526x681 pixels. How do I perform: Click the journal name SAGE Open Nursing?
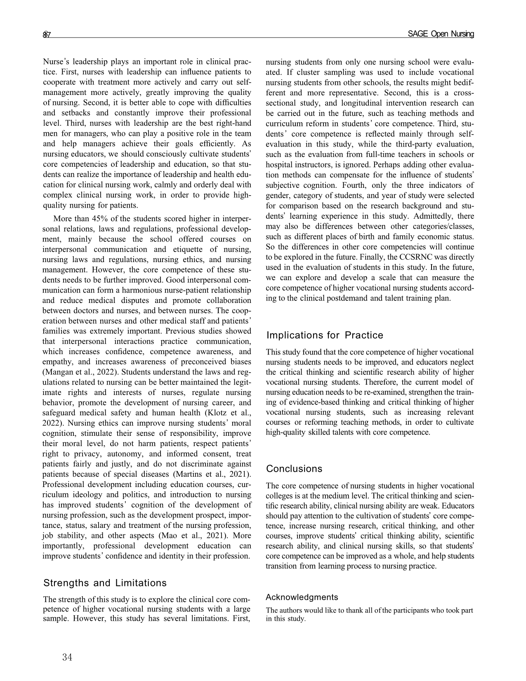pyautogui.click(x=441, y=34)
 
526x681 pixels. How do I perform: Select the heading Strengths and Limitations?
pyautogui.click(x=105, y=583)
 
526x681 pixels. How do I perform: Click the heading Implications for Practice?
pyautogui.click(x=325, y=335)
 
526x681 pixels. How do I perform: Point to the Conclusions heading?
pyautogui.click(x=294, y=469)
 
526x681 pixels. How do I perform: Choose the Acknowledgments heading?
pyautogui.click(x=302, y=597)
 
